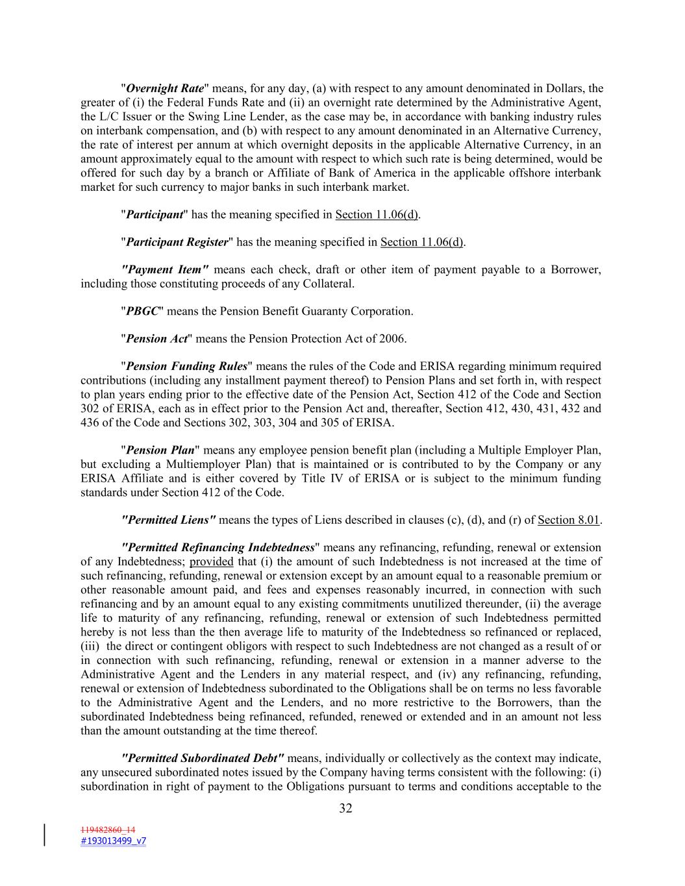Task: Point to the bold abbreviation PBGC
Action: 142,311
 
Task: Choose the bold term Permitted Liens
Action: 169,520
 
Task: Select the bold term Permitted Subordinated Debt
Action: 203,758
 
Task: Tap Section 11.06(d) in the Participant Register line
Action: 421,242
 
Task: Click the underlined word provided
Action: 211,561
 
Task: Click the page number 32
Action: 345,808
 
